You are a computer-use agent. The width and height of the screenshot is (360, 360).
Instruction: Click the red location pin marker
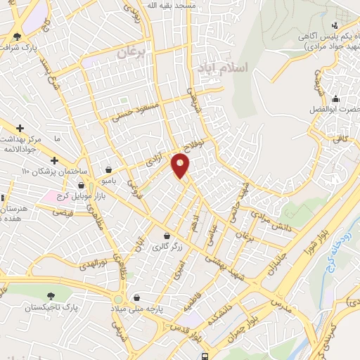(181, 166)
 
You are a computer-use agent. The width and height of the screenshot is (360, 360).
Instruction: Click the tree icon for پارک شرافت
(17, 36)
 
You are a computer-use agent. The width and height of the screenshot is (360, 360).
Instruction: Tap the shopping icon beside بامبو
(109, 169)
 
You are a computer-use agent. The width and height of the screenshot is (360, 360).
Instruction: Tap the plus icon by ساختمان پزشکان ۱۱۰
(53, 160)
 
